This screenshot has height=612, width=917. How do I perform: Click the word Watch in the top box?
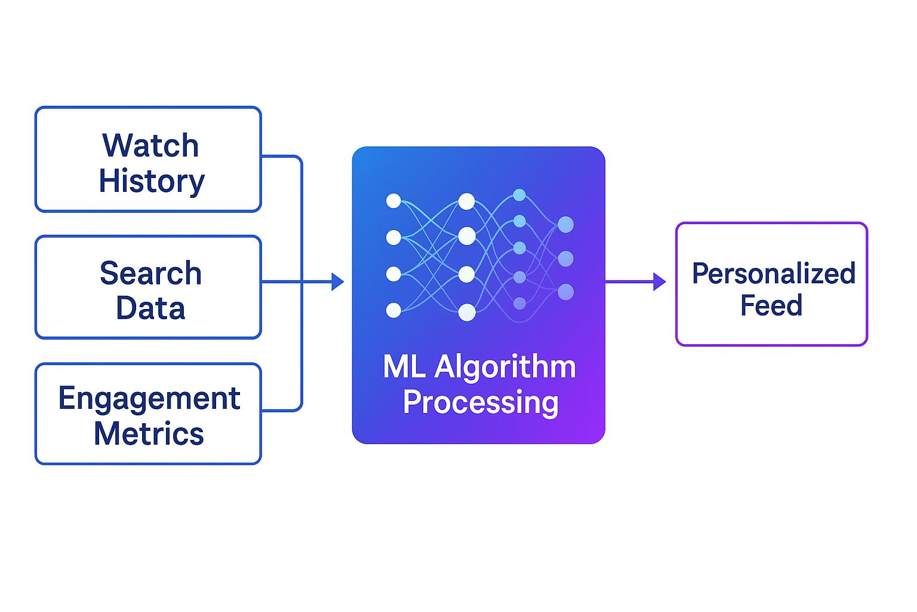(150, 146)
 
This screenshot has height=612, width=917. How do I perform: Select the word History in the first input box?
(152, 181)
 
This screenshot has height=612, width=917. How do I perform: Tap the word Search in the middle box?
(150, 274)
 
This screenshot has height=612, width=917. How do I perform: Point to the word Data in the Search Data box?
(150, 308)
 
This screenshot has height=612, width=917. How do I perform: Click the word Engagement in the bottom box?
(149, 399)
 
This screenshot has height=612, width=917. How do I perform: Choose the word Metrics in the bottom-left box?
(149, 434)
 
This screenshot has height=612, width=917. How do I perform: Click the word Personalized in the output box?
(774, 274)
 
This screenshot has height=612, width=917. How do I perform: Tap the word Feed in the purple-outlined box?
(771, 305)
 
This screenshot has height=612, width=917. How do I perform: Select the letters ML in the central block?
(404, 367)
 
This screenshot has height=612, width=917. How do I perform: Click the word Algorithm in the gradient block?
(505, 367)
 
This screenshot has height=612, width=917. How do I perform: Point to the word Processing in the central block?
(481, 402)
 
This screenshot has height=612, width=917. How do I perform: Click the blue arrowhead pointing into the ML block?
(337, 281)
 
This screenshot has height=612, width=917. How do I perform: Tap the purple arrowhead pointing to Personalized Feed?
(659, 281)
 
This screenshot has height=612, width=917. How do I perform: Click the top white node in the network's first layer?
(393, 201)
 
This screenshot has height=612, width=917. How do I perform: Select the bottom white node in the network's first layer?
(393, 310)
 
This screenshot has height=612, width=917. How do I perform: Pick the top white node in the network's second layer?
(466, 201)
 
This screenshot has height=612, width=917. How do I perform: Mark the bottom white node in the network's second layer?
(467, 312)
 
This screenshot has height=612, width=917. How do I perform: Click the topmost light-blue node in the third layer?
(519, 195)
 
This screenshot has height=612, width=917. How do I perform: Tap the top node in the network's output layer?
(565, 225)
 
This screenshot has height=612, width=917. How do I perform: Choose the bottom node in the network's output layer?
(565, 292)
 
